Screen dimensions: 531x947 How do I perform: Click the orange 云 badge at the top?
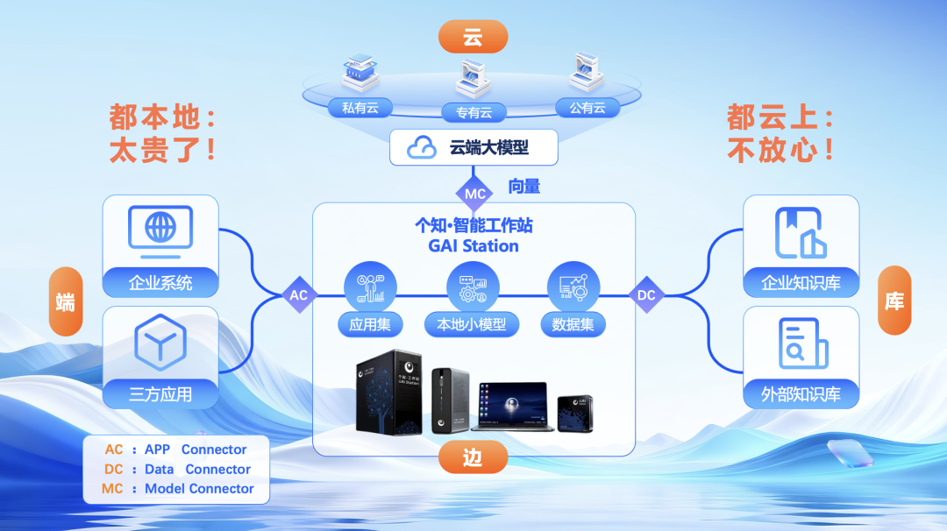[473, 37]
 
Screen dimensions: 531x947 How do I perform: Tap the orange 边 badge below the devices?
[473, 457]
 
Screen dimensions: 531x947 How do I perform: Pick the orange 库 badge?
[894, 301]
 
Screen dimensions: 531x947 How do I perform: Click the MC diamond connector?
[474, 193]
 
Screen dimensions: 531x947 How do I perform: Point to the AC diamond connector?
[299, 295]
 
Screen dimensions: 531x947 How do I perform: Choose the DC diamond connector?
[646, 295]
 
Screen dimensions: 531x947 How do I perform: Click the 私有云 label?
[360, 108]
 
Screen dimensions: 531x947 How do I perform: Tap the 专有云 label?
[473, 112]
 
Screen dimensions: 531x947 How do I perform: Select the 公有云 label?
[587, 108]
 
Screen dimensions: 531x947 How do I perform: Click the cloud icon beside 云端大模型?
[423, 147]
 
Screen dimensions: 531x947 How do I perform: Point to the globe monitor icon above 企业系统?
[160, 230]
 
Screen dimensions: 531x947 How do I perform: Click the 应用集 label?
[370, 324]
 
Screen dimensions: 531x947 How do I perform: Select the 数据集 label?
[573, 324]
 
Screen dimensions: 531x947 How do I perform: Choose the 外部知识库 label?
[801, 394]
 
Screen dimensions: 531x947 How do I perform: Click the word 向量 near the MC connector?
[524, 186]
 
